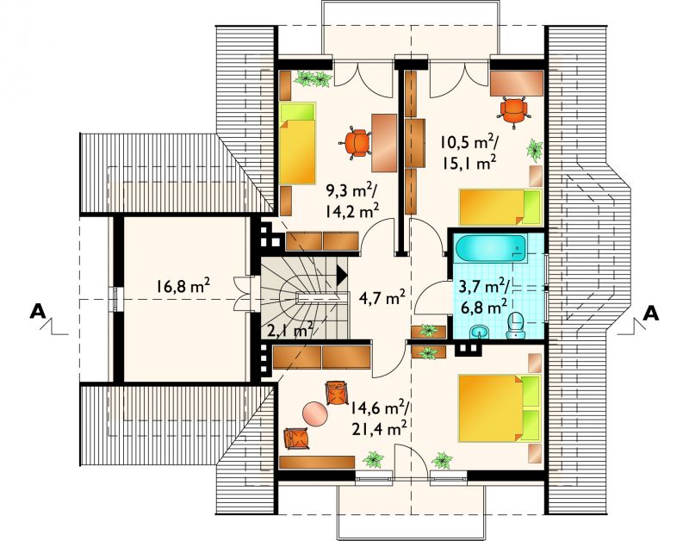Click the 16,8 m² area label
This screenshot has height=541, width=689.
[x=182, y=287]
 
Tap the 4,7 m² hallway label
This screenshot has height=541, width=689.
[x=382, y=299]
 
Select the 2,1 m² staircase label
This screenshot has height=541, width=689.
[x=290, y=329]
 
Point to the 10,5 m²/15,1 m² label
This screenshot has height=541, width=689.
[x=470, y=152]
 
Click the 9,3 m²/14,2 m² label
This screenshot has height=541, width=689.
[x=353, y=201]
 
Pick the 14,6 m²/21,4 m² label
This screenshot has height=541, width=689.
[x=379, y=418]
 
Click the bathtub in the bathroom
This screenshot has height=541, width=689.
[x=490, y=249]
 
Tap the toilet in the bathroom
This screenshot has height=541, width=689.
[x=515, y=326]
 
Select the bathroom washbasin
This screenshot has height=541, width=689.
[x=480, y=332]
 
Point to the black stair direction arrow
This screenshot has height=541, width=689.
[x=342, y=276]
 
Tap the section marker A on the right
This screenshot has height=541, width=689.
[x=651, y=314]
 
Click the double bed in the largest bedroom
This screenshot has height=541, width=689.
[x=499, y=407]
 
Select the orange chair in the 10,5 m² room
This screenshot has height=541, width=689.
[x=513, y=110]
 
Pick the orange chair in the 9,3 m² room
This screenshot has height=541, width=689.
[x=356, y=142]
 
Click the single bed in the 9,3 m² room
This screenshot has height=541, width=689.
[x=298, y=143]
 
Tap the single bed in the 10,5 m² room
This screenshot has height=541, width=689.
[x=500, y=208]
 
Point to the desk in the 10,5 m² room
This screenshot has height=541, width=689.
[x=517, y=83]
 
